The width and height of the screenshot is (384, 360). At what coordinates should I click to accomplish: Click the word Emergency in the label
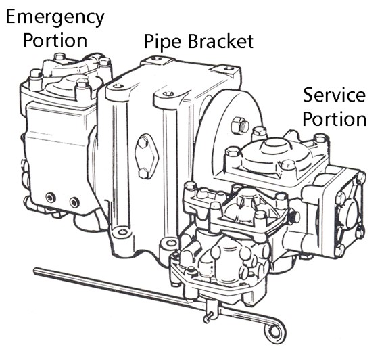click(x=55, y=18)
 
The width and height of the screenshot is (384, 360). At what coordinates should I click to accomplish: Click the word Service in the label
click(x=334, y=95)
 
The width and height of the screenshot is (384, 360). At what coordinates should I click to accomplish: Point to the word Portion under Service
click(x=334, y=119)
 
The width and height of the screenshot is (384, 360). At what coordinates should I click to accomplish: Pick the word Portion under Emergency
click(x=55, y=41)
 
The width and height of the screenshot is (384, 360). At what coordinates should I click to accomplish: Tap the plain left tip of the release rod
click(x=36, y=270)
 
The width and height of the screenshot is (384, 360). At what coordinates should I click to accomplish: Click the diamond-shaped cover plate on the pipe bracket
click(x=147, y=156)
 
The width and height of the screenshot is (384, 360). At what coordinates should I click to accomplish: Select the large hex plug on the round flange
click(x=240, y=125)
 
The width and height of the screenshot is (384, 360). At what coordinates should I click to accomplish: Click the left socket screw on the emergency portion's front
click(x=51, y=198)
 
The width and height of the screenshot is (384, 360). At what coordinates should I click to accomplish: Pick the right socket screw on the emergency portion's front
click(x=74, y=202)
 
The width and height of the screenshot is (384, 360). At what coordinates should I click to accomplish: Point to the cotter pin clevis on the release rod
click(x=211, y=311)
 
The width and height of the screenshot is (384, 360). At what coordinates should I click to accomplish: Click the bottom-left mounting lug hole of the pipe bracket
click(x=122, y=231)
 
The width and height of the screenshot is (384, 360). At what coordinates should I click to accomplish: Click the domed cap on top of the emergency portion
click(x=64, y=85)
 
